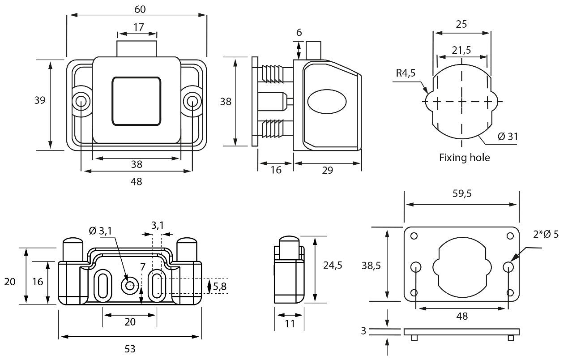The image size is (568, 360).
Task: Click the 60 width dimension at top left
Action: pyautogui.click(x=140, y=8)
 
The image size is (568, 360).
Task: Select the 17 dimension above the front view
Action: pyautogui.click(x=138, y=27)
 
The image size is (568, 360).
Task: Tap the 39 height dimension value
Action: pyautogui.click(x=40, y=100)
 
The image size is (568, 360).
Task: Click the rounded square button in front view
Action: pyautogui.click(x=137, y=101)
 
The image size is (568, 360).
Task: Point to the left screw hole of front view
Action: pyautogui.click(x=81, y=101)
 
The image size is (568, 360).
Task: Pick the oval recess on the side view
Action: pyautogui.click(x=327, y=101)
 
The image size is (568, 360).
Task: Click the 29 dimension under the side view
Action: pyautogui.click(x=328, y=171)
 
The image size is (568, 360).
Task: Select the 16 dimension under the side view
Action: pyautogui.click(x=276, y=171)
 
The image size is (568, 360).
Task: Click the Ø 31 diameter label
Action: pyautogui.click(x=508, y=137)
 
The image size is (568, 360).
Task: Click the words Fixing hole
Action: pyautogui.click(x=464, y=158)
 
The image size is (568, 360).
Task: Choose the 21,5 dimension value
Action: pyautogui.click(x=461, y=50)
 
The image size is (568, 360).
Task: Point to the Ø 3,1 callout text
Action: pyautogui.click(x=100, y=231)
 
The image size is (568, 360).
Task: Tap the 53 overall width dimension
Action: pyautogui.click(x=129, y=348)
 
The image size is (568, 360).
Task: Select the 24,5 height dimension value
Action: pyautogui.click(x=333, y=265)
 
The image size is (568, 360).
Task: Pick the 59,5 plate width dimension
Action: pyautogui.click(x=461, y=193)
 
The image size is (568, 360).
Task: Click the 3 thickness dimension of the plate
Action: pyautogui.click(x=363, y=331)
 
